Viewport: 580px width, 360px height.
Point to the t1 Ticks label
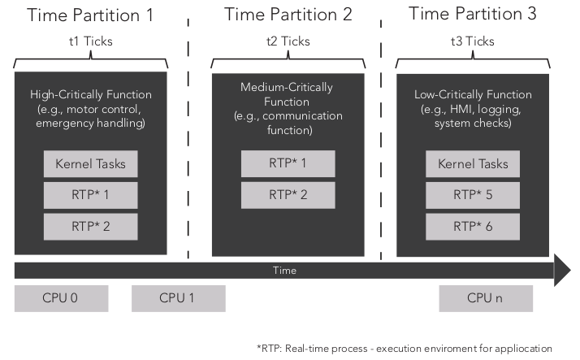pyautogui.click(x=91, y=41)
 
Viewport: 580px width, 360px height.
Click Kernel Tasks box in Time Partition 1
pyautogui.click(x=90, y=164)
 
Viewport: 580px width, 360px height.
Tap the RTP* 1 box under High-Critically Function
pyautogui.click(x=90, y=195)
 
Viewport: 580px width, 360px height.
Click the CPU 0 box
pyautogui.click(x=62, y=298)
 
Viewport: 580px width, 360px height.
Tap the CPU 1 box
pyautogui.click(x=178, y=298)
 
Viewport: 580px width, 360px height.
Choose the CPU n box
pyautogui.click(x=486, y=298)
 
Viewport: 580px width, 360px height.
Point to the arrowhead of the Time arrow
pyautogui.click(x=561, y=270)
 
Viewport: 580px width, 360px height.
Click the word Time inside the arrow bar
pyautogui.click(x=284, y=271)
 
